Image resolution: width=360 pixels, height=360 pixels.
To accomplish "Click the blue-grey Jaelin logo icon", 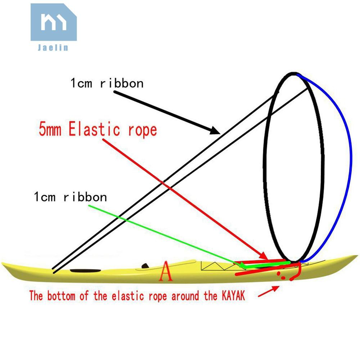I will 53,22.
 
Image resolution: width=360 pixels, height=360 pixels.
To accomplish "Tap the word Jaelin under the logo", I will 53,47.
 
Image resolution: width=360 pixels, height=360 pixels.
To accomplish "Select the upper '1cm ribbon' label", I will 107,83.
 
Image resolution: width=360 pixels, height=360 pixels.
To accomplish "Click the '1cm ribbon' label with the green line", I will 70,197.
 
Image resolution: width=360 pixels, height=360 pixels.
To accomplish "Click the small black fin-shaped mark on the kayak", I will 145,266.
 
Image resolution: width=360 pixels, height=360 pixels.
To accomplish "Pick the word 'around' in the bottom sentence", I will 184,296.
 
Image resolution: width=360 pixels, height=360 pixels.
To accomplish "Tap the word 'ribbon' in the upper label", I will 122,83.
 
